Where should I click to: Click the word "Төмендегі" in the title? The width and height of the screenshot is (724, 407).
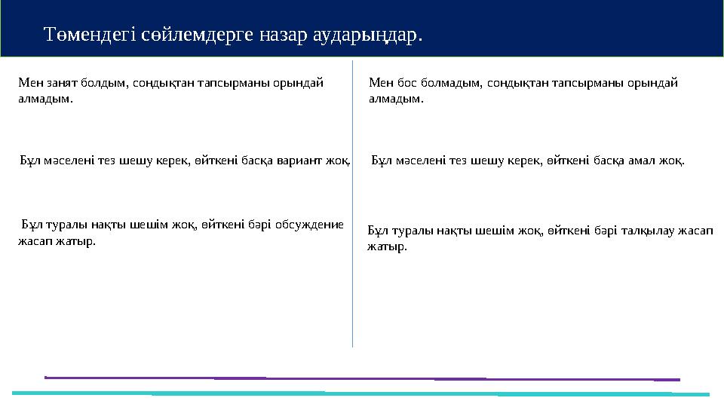[x=90, y=35]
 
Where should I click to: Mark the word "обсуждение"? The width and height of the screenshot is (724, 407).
[x=309, y=224]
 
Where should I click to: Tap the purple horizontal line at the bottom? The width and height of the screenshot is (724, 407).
[x=362, y=378]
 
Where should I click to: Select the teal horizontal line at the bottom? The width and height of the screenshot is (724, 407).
[x=362, y=393]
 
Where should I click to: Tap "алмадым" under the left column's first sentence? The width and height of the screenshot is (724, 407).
[x=46, y=99]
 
